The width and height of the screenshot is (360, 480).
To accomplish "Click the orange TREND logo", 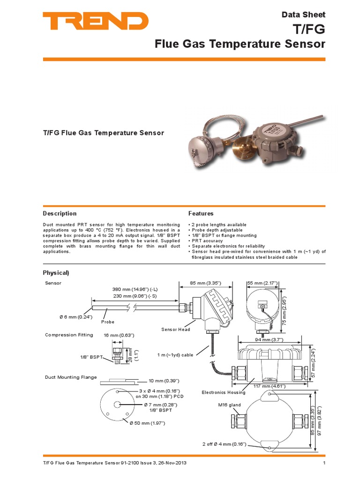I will point(96,22).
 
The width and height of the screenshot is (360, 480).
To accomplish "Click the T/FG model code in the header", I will point(312,30).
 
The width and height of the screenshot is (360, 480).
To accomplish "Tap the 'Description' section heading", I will point(60,214).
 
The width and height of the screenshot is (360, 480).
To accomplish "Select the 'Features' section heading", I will point(201,214).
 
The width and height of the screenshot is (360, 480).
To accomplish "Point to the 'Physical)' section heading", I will point(56,273).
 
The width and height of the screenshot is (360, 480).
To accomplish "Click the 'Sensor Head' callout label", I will point(176,330).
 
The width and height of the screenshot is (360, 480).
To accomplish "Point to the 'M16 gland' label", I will point(229,405).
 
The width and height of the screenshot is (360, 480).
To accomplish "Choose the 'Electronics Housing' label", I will point(223,392).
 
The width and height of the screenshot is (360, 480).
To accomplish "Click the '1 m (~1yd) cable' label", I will point(175,355).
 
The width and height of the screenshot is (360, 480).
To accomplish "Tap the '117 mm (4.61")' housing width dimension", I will point(270,386).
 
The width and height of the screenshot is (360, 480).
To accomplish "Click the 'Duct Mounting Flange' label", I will point(71,377).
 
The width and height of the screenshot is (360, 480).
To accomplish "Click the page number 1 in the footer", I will point(324,464).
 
